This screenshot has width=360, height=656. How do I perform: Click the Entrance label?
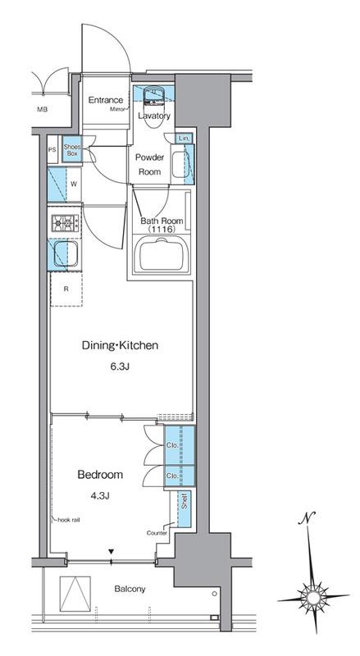tap(106, 100)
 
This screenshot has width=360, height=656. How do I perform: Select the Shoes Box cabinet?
tap(71, 149)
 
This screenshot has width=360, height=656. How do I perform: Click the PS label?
tap(52, 149)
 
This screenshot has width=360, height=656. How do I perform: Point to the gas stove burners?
tap(65, 222)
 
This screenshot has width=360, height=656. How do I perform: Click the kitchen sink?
tap(66, 253)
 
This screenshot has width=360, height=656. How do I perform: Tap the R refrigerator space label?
tap(66, 289)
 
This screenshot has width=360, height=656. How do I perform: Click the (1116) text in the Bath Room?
tap(162, 230)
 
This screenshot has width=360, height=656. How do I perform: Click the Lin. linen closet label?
tap(185, 138)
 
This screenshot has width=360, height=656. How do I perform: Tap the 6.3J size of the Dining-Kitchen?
tap(119, 367)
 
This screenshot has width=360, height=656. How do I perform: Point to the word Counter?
tap(157, 533)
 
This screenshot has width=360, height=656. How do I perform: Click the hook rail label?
tap(69, 520)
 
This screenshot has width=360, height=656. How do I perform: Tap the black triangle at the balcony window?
tap(111, 551)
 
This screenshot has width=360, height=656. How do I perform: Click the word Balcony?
tap(130, 589)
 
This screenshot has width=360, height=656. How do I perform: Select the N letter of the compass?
tap(308, 518)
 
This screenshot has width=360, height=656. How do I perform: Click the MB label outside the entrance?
tap(42, 110)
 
